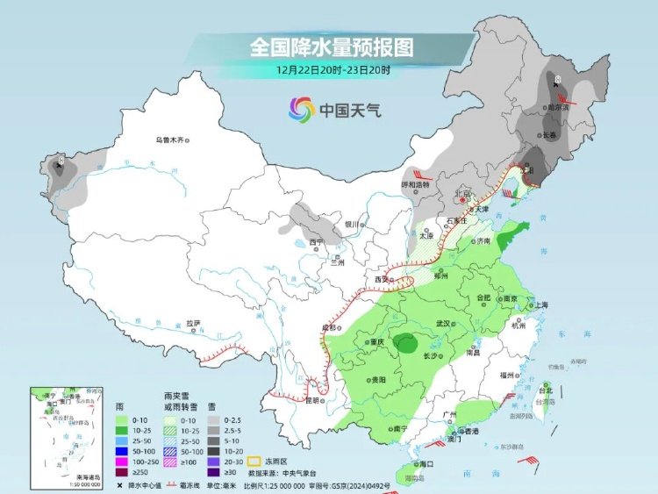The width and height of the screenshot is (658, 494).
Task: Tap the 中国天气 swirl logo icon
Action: coord(301,110)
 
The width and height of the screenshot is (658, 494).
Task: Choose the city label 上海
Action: coord(539,304)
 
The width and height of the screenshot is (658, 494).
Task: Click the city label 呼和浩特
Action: coord(417,185)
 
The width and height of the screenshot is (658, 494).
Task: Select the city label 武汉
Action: coord(444,323)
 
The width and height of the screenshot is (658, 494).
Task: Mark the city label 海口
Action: coord(426,462)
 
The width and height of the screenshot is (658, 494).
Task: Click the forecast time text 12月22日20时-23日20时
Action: coord(332,68)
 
